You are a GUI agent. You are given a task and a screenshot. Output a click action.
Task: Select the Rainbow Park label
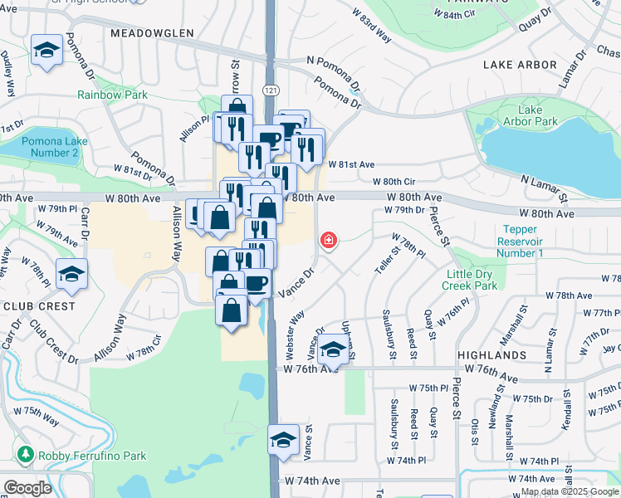click(112, 95)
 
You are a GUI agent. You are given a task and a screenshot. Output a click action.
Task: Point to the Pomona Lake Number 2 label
click(50, 147)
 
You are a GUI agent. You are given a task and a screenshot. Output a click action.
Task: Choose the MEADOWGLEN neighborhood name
click(150, 33)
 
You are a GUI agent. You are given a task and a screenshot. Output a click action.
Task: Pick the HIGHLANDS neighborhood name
click(491, 354)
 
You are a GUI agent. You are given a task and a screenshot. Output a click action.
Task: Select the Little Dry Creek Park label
click(471, 280)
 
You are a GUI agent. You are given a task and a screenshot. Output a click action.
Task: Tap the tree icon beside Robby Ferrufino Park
click(26, 455)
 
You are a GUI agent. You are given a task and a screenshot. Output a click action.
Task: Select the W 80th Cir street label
click(394, 181)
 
